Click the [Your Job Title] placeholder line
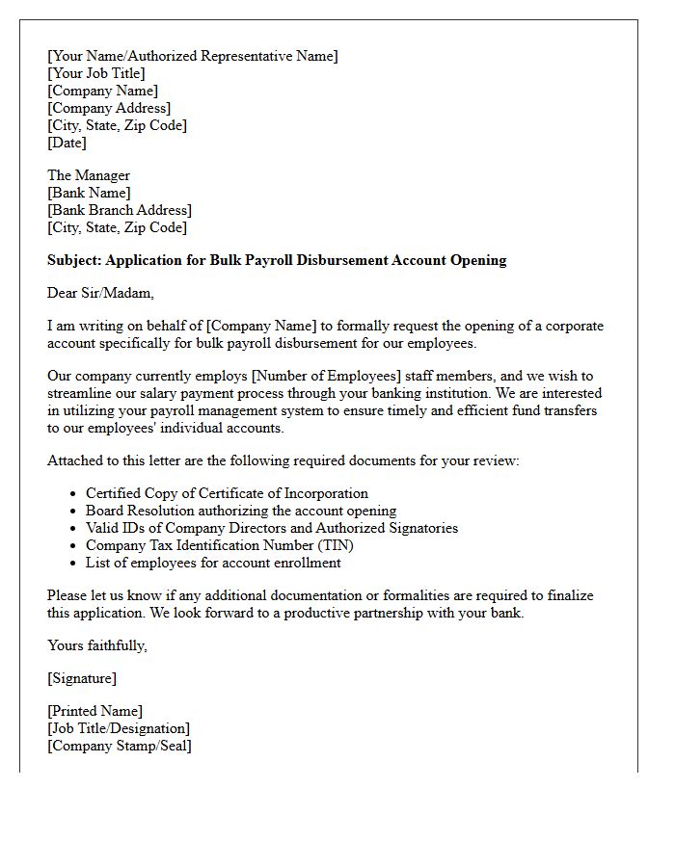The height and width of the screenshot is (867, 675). point(96,73)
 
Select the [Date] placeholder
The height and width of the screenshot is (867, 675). point(67,143)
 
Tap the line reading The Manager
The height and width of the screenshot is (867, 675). point(89,175)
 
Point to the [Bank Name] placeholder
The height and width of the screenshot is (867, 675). point(89,193)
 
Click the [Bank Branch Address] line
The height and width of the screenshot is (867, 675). point(120,210)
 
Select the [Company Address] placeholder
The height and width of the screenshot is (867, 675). point(109,108)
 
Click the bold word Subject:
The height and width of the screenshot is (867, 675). point(74,260)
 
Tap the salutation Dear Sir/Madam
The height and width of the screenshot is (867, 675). point(100,293)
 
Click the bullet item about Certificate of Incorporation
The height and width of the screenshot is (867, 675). point(227,493)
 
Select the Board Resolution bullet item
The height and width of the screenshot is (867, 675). point(241,511)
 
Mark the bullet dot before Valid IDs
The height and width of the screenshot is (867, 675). point(73,529)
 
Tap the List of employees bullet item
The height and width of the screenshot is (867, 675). point(213,563)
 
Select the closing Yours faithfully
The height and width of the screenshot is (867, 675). point(97,645)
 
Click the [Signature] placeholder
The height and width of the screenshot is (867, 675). point(82,678)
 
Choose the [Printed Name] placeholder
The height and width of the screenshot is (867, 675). point(94,711)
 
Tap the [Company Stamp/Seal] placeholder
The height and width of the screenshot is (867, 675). point(120,746)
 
